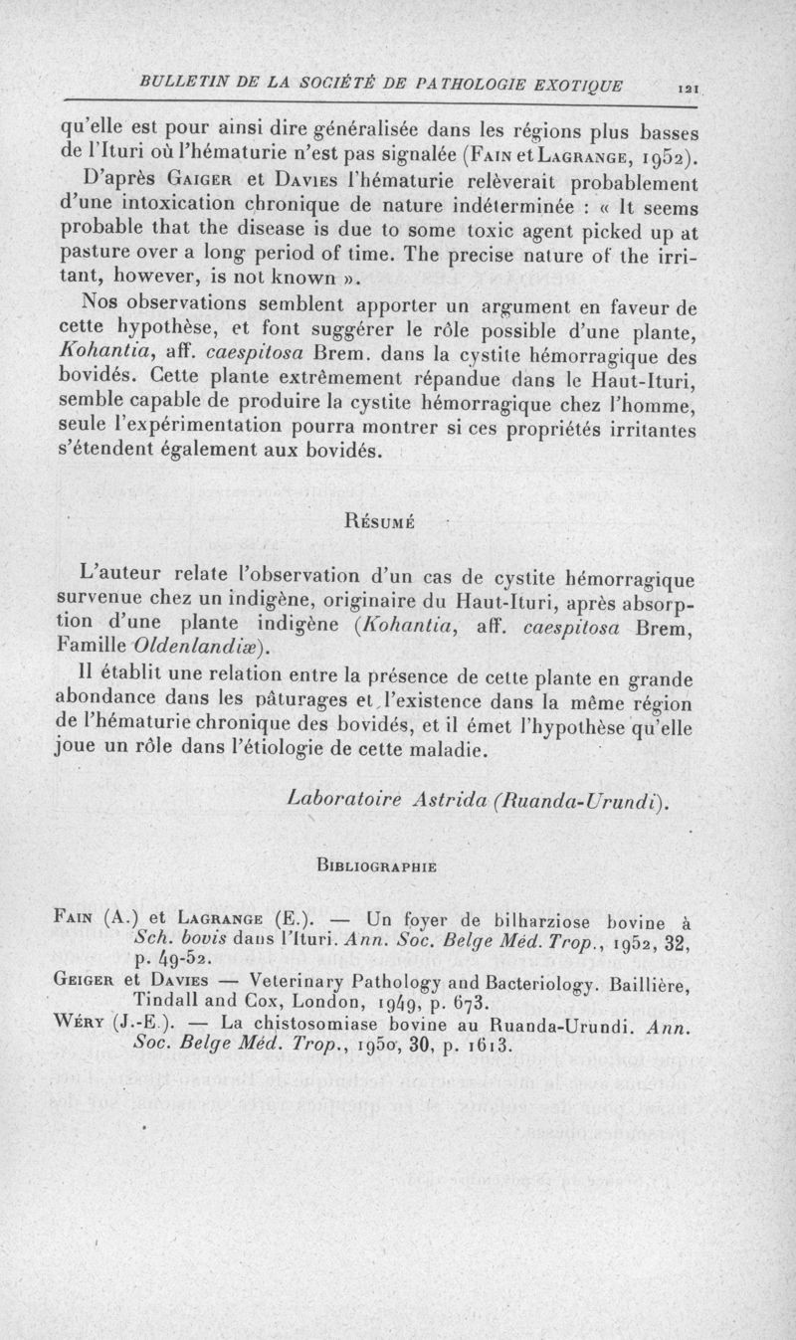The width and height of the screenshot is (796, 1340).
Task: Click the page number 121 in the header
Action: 686,90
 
